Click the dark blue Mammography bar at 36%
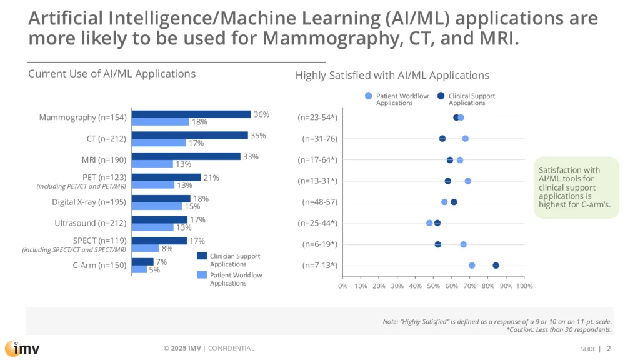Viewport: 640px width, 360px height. [191, 114]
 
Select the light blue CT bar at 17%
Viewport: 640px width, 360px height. [159, 142]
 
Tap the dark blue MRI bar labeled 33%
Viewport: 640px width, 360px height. [186, 156]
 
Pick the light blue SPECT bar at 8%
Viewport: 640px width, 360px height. [145, 248]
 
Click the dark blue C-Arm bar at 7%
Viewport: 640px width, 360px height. [142, 262]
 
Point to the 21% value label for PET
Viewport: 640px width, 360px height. [211, 177]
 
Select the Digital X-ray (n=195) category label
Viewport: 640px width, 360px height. [89, 202]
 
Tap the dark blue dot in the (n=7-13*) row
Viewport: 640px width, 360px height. [496, 266]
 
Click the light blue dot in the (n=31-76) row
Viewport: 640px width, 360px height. [465, 139]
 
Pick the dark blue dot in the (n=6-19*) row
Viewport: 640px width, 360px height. [437, 244]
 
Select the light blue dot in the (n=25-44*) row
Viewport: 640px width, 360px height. [429, 223]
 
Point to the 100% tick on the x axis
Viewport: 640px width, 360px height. [524, 286]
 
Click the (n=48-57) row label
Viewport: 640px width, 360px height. [319, 202]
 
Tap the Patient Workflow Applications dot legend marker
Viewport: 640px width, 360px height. [368, 96]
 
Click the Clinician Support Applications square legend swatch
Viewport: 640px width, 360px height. [202, 256]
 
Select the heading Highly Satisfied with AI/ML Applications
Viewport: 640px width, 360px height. [392, 76]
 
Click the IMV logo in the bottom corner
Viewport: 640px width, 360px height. [22, 348]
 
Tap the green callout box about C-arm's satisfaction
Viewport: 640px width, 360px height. [576, 187]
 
